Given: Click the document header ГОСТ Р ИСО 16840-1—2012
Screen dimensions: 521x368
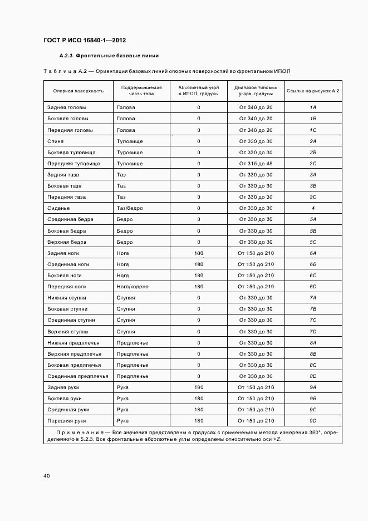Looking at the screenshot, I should (x=84, y=41).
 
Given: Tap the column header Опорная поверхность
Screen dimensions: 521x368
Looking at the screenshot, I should (x=78, y=91).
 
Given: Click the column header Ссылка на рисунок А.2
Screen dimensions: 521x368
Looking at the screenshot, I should (x=313, y=91).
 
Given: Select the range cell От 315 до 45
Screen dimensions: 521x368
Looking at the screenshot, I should (x=256, y=164).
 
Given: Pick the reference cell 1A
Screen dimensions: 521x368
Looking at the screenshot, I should (x=313, y=107).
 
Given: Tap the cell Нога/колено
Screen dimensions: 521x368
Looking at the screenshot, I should (x=133, y=287).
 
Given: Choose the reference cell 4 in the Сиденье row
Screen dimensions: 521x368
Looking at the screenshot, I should (x=313, y=208).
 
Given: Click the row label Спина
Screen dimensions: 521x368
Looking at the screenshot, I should (x=56, y=141).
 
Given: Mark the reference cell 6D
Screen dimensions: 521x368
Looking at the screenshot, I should (x=313, y=287).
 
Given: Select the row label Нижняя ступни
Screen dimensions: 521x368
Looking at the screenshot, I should (x=67, y=298).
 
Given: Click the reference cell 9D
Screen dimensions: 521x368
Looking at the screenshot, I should (x=313, y=421).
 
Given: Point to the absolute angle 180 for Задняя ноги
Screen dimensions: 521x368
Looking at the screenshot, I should (x=199, y=253).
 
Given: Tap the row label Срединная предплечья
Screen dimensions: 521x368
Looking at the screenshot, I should (x=77, y=376).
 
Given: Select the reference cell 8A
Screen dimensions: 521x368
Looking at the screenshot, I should (x=313, y=343).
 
